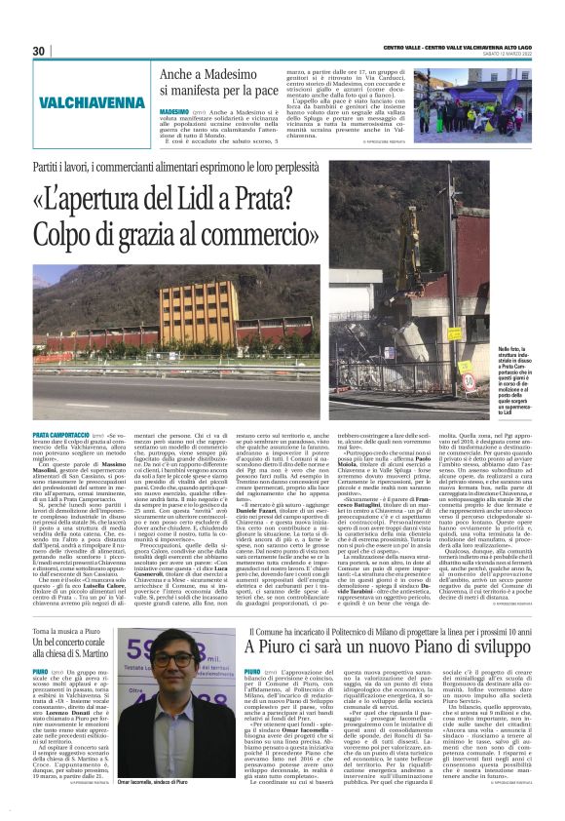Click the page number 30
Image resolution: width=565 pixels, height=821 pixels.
39,51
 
